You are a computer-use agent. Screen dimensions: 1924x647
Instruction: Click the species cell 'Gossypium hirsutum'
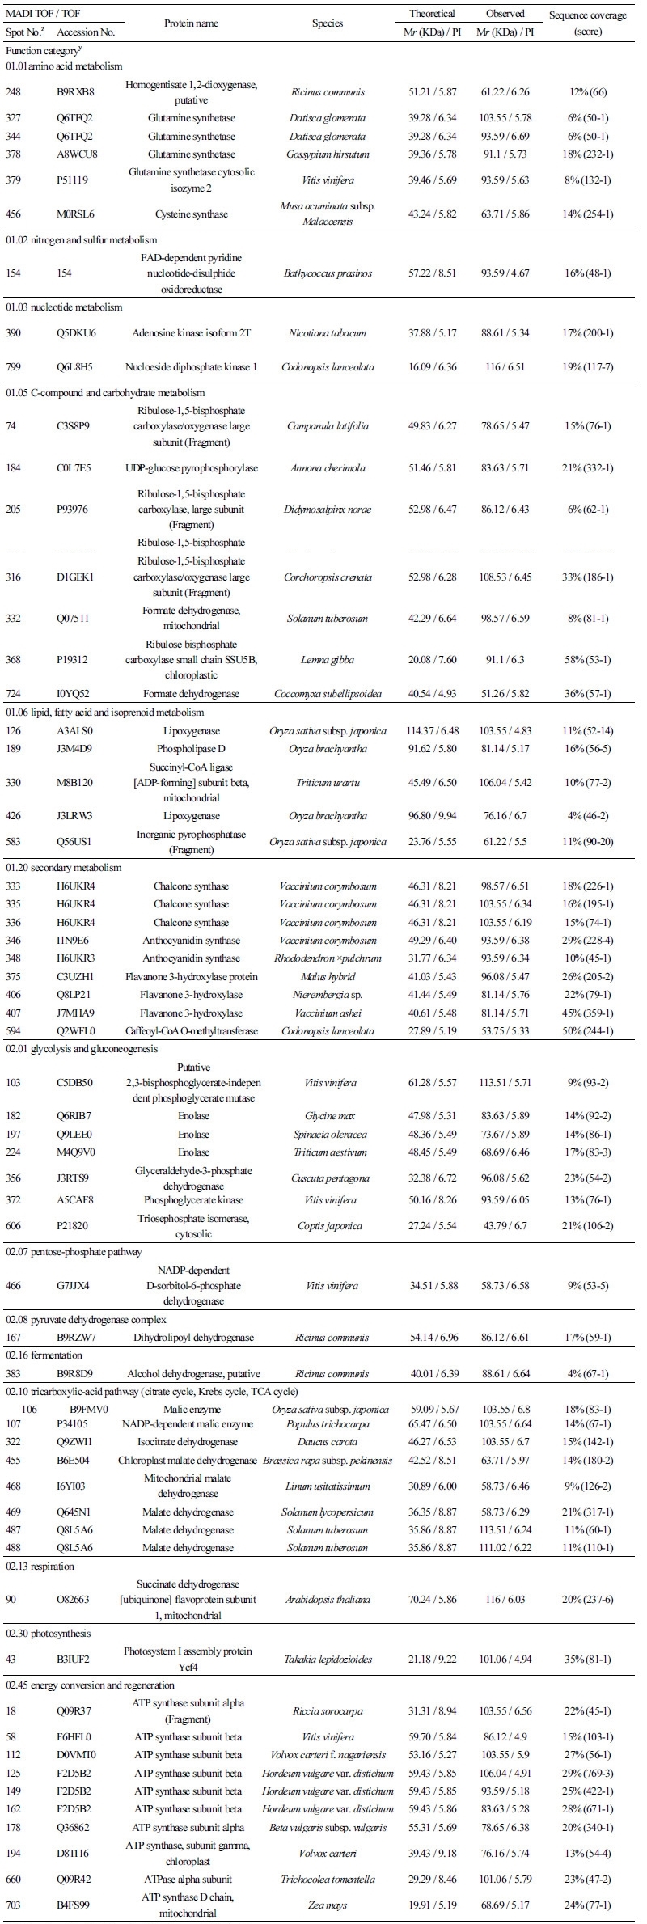(328, 154)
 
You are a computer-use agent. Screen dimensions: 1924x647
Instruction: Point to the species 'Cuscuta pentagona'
(328, 1178)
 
